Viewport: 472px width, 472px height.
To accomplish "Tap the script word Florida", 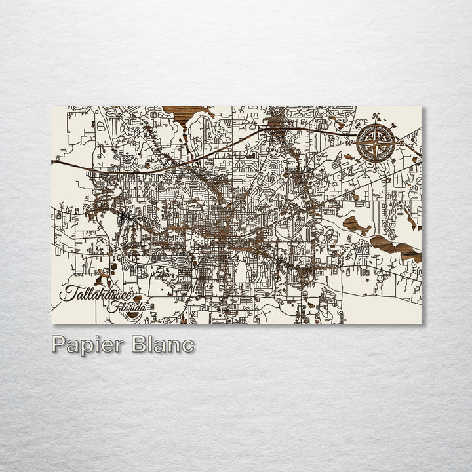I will click(x=128, y=306).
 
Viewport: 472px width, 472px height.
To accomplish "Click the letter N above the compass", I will click(x=376, y=117).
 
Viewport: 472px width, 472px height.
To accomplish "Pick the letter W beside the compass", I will click(x=349, y=142).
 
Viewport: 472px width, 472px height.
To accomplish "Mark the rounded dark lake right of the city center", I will click(x=356, y=226).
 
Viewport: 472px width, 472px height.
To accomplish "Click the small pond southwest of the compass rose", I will click(x=347, y=158).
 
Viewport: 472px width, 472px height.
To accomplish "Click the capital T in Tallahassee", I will click(x=66, y=292).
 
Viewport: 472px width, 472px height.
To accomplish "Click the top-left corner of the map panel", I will click(x=52, y=106).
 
